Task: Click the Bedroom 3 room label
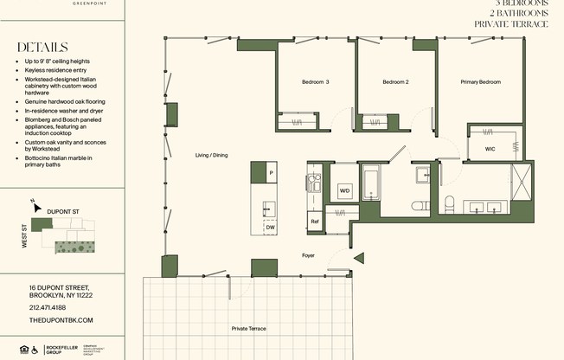[x=315, y=82]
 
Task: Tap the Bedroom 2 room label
[x=395, y=82]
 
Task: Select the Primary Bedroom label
[x=480, y=82]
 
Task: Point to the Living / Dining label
[x=212, y=155]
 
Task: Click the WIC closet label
[x=490, y=149]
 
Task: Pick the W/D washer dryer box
[x=344, y=190]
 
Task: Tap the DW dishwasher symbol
[x=271, y=227]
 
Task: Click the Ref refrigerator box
[x=314, y=222]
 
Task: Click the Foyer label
[x=308, y=255]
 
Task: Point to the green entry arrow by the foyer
[x=359, y=257]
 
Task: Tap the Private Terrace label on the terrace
[x=249, y=329]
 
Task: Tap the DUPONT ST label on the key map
[x=62, y=210]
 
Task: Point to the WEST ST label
[x=24, y=237]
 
